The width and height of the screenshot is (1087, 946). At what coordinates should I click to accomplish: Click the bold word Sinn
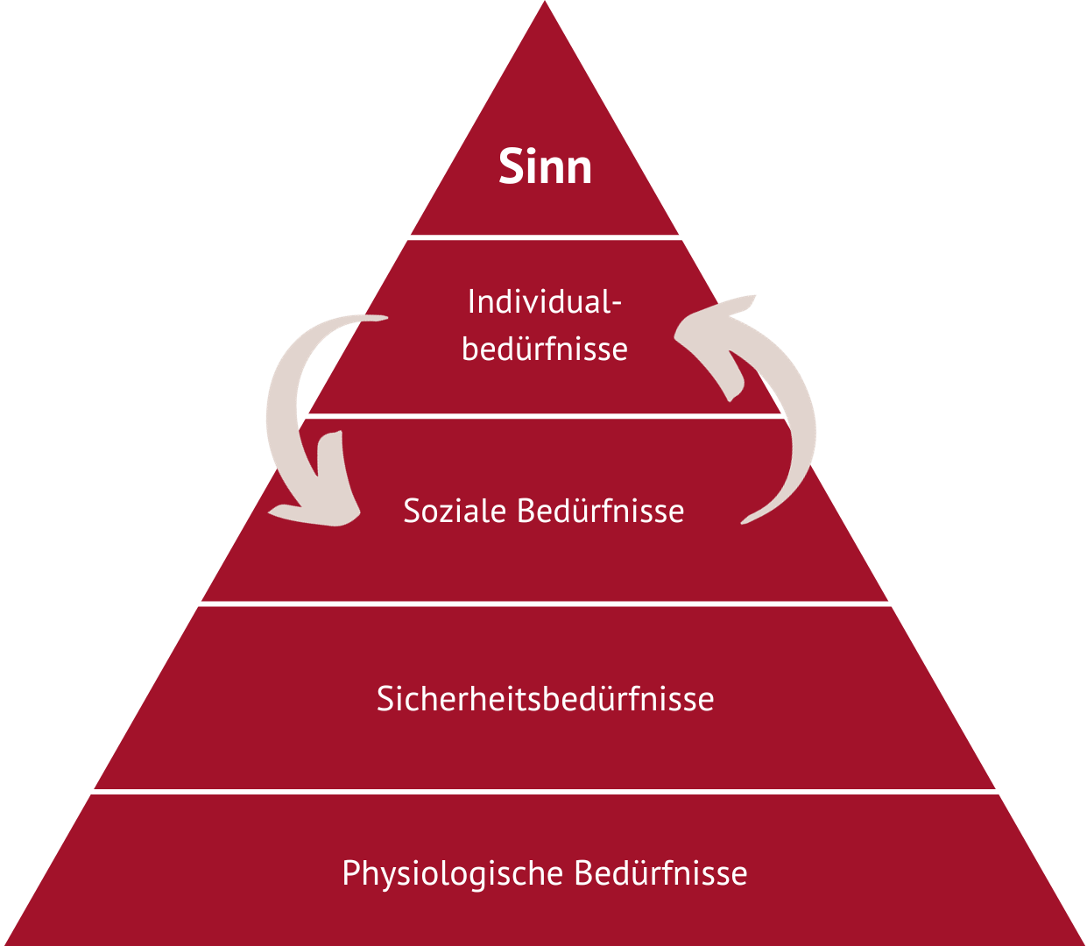(545, 166)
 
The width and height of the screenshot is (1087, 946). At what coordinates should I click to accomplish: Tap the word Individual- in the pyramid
(544, 302)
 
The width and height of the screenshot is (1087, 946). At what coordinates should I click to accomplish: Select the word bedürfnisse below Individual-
(544, 349)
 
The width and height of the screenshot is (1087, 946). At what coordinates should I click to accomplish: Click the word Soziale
(455, 511)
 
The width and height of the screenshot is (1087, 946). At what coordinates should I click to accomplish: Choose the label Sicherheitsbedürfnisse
(545, 699)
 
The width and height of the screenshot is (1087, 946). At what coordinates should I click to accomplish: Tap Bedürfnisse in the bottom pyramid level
(660, 873)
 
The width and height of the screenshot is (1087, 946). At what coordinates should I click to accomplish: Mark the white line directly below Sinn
(545, 237)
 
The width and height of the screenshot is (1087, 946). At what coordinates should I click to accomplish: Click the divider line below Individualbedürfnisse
(545, 416)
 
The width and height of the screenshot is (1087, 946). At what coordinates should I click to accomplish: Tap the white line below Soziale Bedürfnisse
(545, 604)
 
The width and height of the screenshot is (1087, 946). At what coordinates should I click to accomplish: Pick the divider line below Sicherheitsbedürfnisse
(545, 792)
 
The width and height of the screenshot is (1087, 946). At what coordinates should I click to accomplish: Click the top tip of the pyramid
(544, 4)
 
